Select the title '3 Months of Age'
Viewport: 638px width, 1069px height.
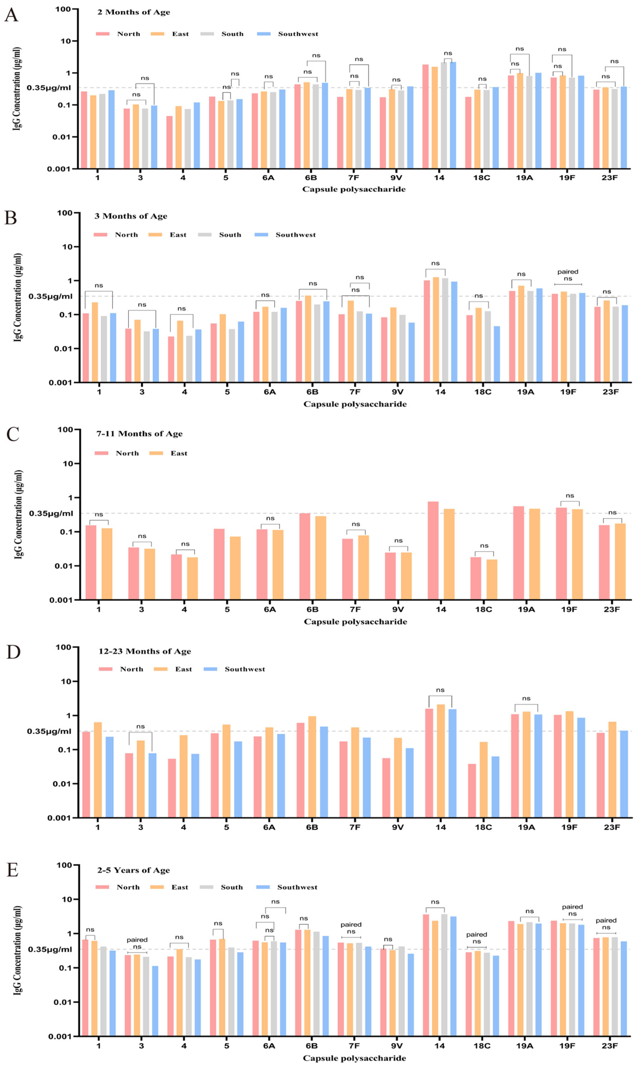coord(131,216)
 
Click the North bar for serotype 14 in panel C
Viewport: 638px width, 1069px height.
coord(433,550)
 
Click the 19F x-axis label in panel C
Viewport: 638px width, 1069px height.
coord(569,609)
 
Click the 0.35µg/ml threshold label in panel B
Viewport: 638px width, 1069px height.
coord(50,297)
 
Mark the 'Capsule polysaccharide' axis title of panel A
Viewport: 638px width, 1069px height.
coord(353,189)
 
